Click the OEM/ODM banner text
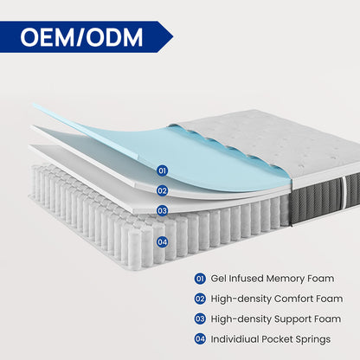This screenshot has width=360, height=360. click(83, 38)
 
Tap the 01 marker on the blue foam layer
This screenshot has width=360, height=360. click(162, 171)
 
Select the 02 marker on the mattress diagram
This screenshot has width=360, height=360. click(162, 190)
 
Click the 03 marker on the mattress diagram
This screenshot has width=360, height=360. click(162, 209)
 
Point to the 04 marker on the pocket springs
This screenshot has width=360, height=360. click(162, 241)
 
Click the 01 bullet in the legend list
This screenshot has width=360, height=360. click(200, 279)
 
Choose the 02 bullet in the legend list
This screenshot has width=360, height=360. click(200, 299)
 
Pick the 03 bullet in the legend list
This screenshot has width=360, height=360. click(200, 318)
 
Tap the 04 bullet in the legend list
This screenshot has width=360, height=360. click(200, 338)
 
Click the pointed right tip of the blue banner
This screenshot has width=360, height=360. click(171, 38)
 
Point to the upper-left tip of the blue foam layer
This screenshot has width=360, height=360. click(35, 106)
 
